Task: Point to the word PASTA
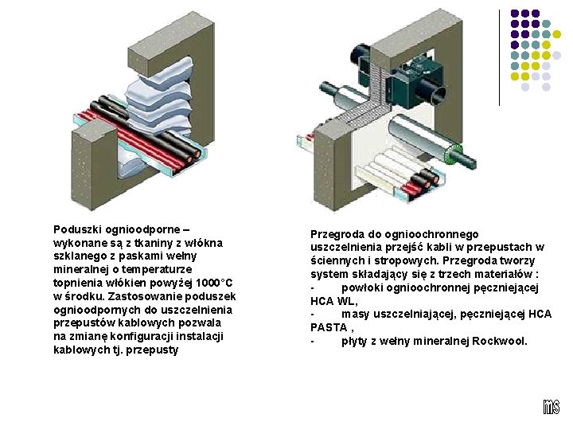coord(329,327)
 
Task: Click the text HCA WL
coord(333,301)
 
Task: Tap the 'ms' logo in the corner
coord(551,407)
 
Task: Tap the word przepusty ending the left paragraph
coord(155,350)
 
